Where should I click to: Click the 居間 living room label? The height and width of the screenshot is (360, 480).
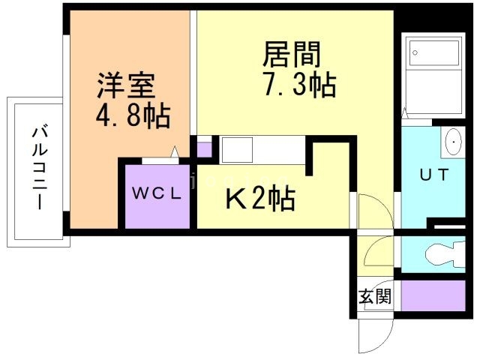point(292,55)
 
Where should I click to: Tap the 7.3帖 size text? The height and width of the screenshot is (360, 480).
point(300,85)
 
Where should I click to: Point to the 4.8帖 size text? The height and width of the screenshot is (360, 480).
point(133,116)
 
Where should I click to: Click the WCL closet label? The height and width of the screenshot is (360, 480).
point(157,193)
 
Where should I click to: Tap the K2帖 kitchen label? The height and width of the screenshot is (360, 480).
point(260,198)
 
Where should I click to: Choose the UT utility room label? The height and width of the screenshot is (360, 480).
point(434,175)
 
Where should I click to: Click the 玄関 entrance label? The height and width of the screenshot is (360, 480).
point(375,296)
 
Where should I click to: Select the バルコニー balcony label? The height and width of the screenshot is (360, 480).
point(40,168)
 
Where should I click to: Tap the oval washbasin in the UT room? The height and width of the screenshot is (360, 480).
point(454,142)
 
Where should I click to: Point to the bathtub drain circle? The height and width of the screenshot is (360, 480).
point(415,52)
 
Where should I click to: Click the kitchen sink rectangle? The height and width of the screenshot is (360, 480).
point(237,150)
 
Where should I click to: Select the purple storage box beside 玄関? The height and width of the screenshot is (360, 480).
point(433,295)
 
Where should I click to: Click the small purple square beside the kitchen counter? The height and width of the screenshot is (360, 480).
point(204,150)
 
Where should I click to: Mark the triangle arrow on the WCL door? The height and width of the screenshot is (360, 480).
point(175,151)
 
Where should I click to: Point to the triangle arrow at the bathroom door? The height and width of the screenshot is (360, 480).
point(405,113)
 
